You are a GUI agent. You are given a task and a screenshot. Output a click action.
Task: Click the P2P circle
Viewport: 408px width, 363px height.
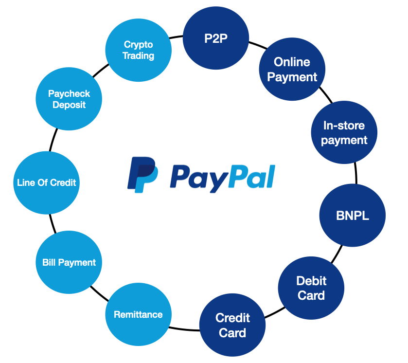click(x=216, y=38)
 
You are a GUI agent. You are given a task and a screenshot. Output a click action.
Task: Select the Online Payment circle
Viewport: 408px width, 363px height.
click(x=292, y=69)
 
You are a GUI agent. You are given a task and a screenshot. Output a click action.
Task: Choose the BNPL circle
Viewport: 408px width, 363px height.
click(x=352, y=216)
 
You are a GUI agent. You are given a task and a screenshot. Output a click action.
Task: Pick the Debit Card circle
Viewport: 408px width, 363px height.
click(x=311, y=288)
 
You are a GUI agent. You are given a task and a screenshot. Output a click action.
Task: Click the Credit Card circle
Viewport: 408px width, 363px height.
click(x=232, y=325)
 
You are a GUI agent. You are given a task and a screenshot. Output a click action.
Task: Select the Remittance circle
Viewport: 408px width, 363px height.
click(x=138, y=315)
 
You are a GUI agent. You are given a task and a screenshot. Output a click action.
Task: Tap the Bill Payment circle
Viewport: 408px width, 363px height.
click(x=69, y=263)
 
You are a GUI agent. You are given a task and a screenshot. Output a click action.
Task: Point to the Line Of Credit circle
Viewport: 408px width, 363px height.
click(x=46, y=183)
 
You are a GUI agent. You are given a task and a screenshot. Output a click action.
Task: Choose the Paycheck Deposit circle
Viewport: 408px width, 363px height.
click(x=69, y=99)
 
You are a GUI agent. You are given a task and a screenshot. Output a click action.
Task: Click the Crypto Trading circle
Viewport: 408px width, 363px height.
click(x=138, y=50)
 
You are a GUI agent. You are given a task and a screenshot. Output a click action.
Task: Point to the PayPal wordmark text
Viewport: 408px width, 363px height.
click(x=222, y=177)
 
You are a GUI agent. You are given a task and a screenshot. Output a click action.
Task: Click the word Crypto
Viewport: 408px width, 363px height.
click(x=138, y=44)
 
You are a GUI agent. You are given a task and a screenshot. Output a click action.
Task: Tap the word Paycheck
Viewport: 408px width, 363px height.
click(x=69, y=93)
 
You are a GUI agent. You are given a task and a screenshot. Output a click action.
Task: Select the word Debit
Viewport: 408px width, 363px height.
click(x=311, y=281)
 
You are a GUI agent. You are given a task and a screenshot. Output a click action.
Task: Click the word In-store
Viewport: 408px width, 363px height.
click(x=344, y=126)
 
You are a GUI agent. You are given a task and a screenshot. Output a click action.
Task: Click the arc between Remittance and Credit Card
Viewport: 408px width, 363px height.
click(x=185, y=328)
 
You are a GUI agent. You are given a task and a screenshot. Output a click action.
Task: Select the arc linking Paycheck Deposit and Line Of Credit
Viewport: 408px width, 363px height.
click(x=52, y=141)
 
